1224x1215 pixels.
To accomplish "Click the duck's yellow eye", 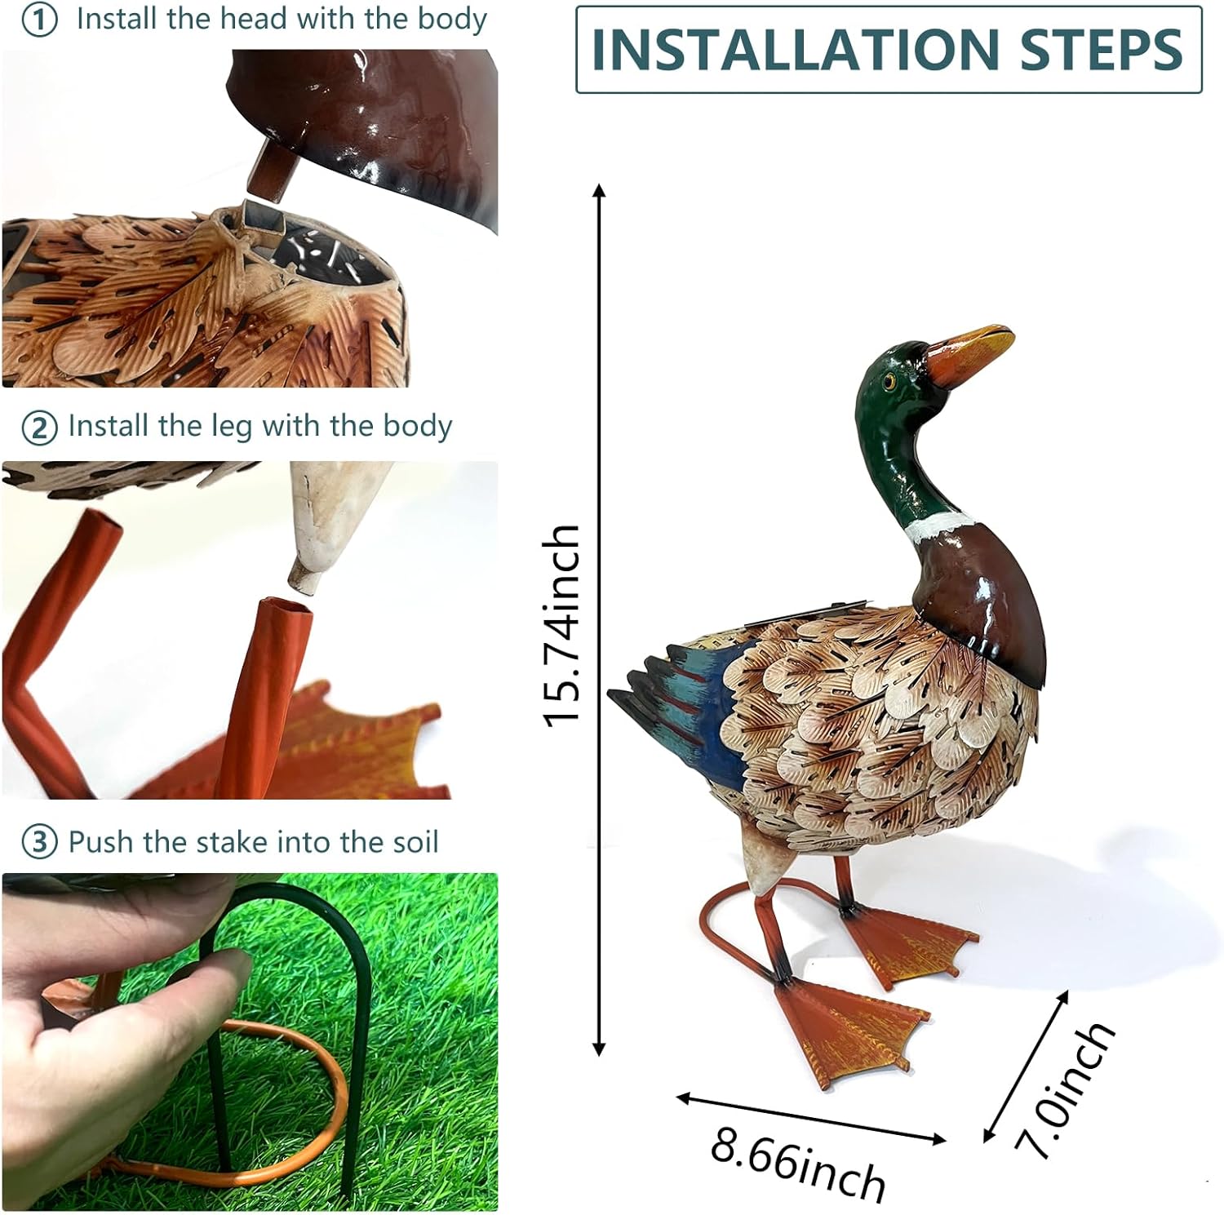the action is (x=889, y=382).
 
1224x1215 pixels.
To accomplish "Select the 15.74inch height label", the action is (x=562, y=624).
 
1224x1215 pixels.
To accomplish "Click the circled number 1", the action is (x=39, y=20).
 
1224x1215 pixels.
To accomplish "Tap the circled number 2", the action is (x=39, y=428).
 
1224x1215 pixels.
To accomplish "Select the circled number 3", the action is (x=39, y=842).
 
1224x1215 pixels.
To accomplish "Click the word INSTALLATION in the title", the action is (x=795, y=49).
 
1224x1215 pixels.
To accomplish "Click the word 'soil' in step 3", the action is (x=413, y=841).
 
